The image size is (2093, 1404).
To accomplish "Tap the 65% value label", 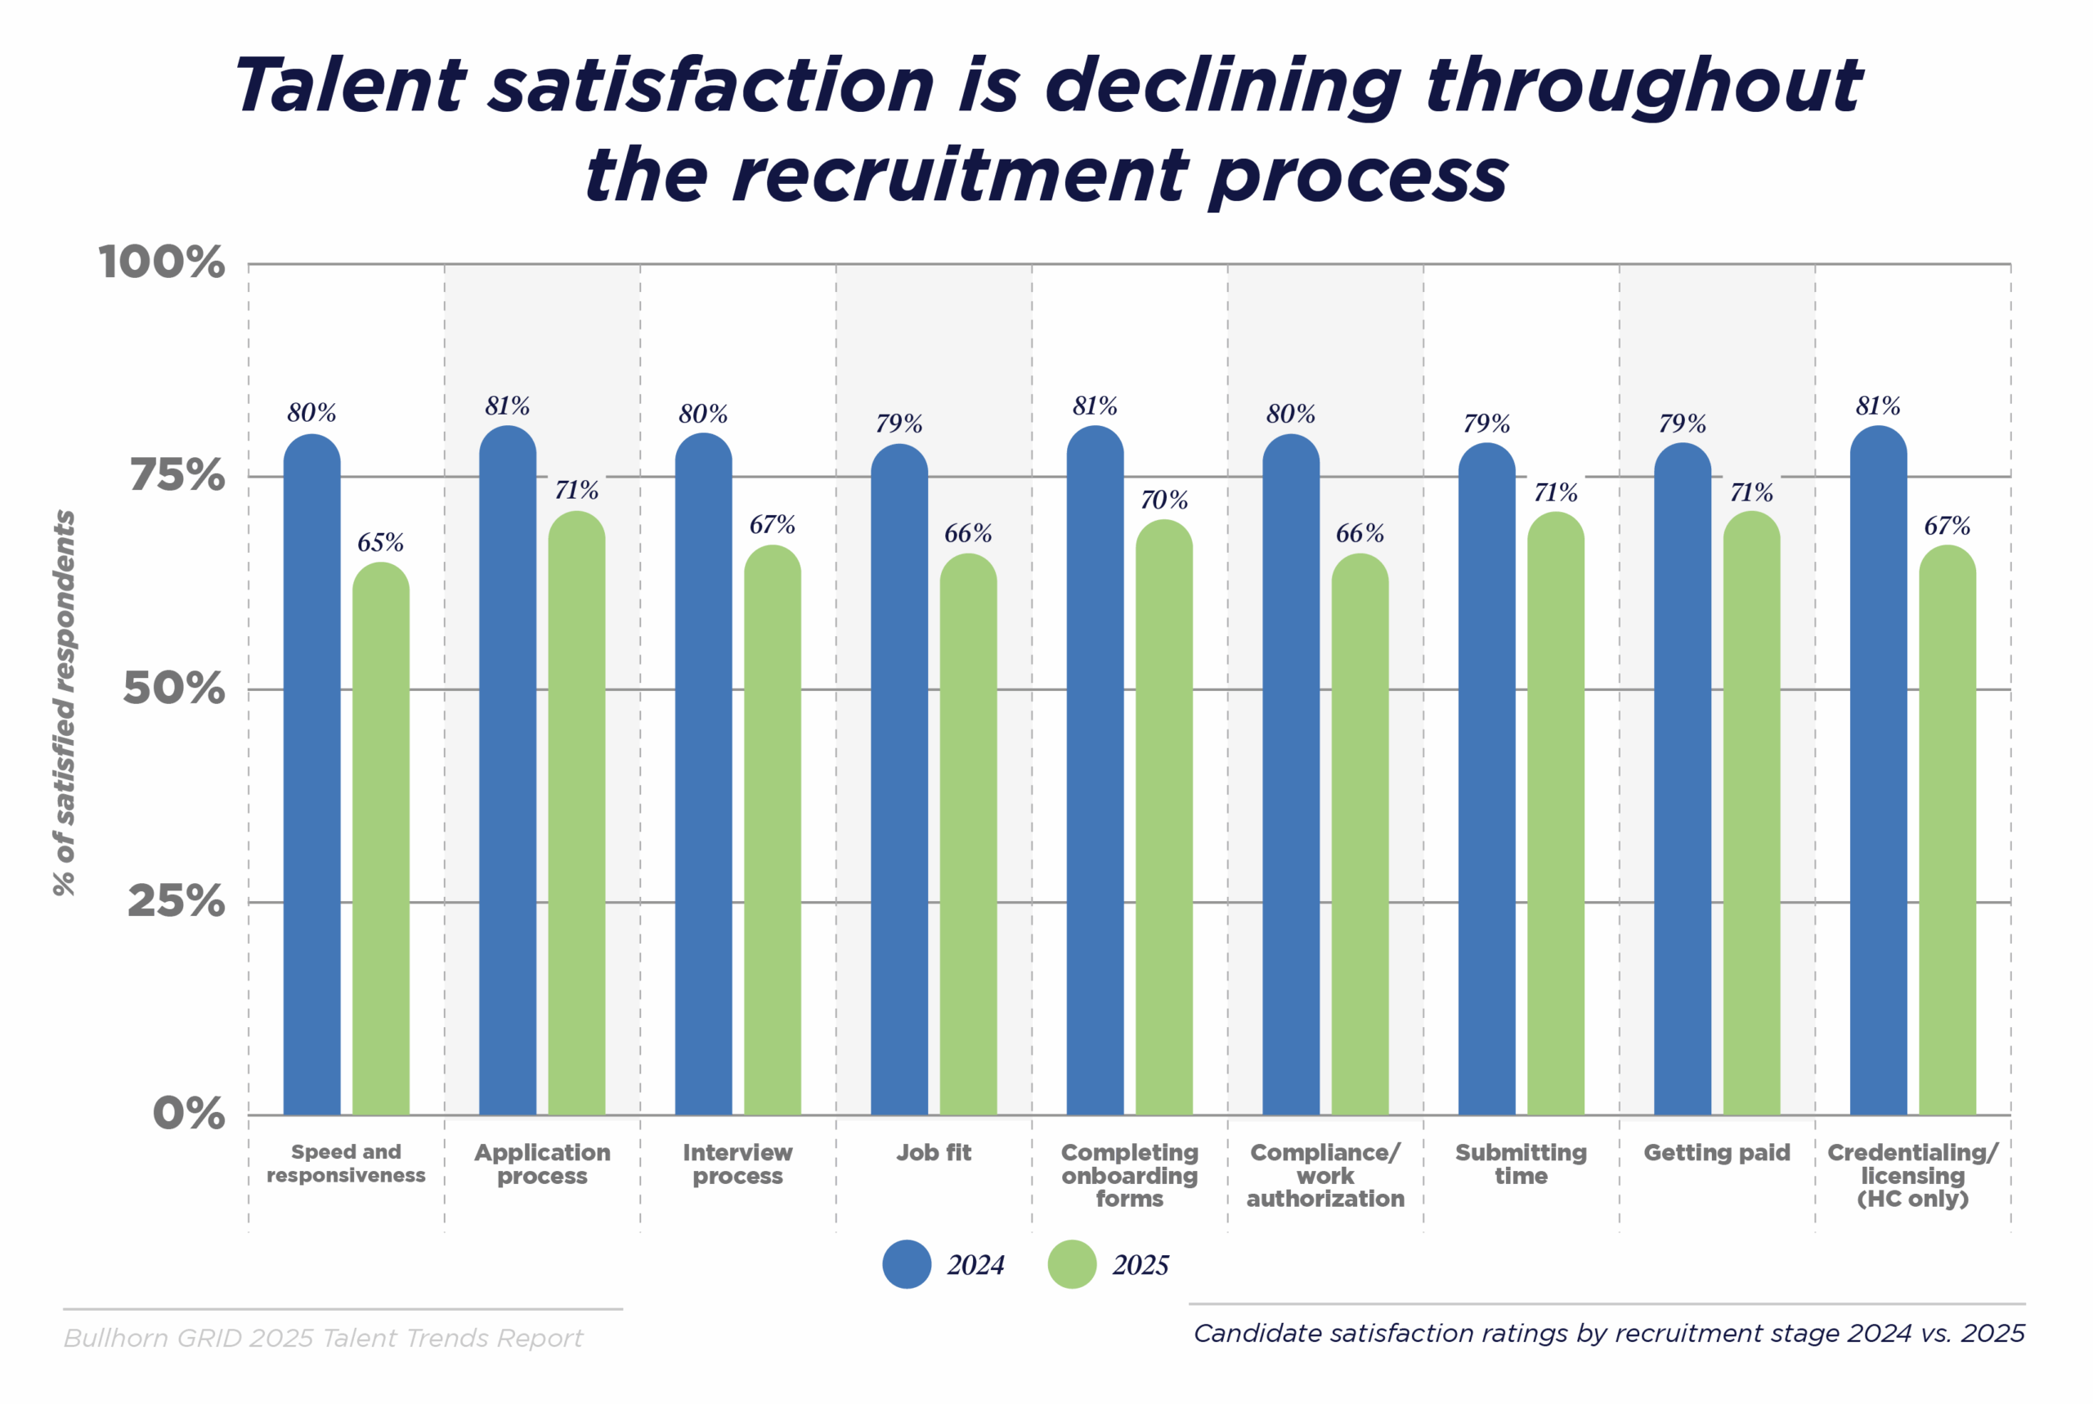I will point(380,543).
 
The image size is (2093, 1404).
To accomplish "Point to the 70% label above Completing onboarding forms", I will point(1163,500).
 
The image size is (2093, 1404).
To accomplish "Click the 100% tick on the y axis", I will point(162,263).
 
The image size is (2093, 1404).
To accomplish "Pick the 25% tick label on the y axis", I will point(176,901).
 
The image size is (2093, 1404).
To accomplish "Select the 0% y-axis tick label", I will point(189,1113).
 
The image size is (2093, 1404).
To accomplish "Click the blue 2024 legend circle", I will point(907,1264).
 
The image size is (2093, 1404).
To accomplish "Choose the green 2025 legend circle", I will point(1072,1264).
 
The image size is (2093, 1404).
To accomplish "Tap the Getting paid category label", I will point(1716,1152).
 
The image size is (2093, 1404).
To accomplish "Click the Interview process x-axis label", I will point(737,1164).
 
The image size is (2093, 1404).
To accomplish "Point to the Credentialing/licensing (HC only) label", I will point(1912,1175).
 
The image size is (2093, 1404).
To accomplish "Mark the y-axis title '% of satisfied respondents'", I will point(65,703).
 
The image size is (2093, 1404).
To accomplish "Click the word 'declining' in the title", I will point(1222,87).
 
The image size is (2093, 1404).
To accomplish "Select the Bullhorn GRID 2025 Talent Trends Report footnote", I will point(323,1338).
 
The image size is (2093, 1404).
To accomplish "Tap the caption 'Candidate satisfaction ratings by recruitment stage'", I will point(1609,1333).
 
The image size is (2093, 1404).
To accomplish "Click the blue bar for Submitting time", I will point(1486,779).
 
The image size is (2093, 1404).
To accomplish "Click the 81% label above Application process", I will point(508,406).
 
